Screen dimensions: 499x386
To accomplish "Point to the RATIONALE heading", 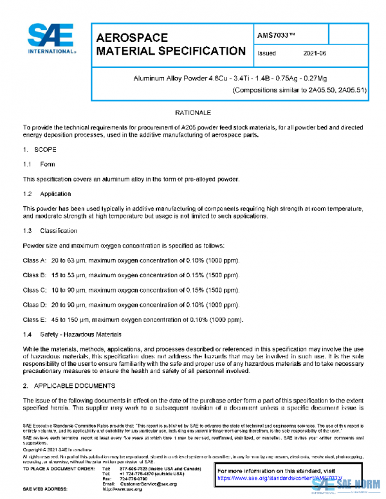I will [x=193, y=113].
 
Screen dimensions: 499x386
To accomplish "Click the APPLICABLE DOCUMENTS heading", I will [x=77, y=386].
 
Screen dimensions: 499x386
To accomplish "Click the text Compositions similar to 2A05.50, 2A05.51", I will [x=299, y=90].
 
